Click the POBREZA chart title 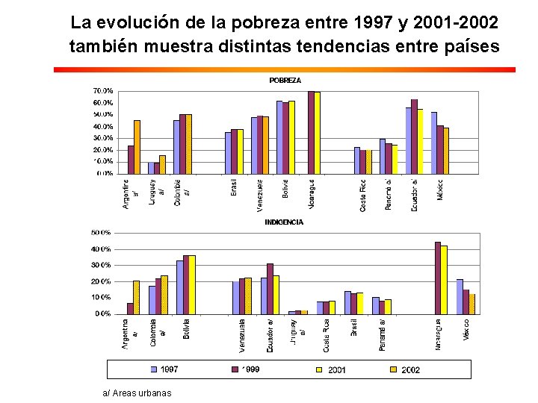(285, 80)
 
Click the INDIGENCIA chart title (284, 222)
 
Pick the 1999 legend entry (247, 369)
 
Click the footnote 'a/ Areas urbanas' (137, 393)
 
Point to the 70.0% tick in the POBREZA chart (103, 91)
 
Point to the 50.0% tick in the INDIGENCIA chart (101, 232)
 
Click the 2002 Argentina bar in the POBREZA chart (137, 147)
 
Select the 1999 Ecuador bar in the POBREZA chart (414, 136)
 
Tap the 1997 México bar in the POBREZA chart (433, 143)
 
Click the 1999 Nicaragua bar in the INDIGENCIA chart (438, 278)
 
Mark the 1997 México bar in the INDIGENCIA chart (460, 296)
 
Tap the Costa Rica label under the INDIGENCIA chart (326, 336)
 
